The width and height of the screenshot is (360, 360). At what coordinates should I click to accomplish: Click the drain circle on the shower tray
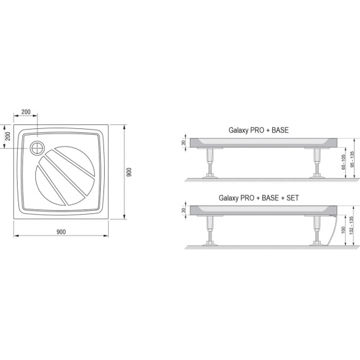[37, 148]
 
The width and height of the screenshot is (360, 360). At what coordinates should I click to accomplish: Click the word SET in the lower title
[293, 198]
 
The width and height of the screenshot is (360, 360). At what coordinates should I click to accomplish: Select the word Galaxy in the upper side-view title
[238, 130]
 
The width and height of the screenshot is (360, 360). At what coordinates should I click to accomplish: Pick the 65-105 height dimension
[344, 162]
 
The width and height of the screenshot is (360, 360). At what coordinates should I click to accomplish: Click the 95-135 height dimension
[352, 159]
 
